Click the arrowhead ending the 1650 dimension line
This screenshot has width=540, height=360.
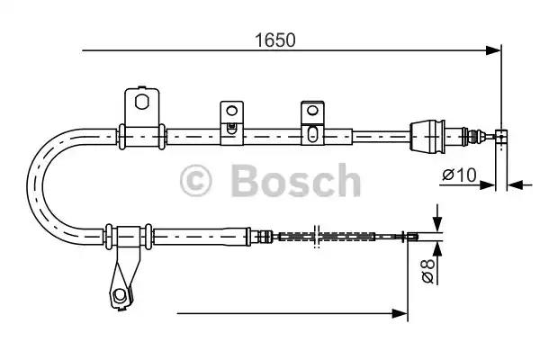(x=492, y=50)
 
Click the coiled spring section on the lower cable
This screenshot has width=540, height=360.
(x=324, y=237)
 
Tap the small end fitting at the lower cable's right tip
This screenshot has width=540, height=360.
(x=410, y=237)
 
